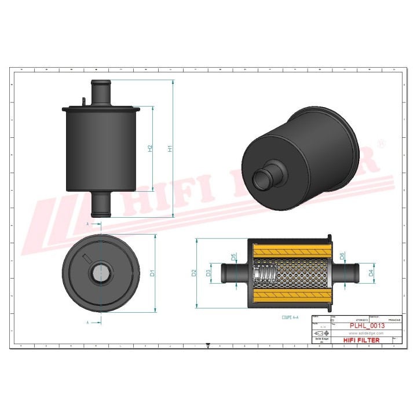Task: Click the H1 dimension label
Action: coord(170,148)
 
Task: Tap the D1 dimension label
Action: coord(152,273)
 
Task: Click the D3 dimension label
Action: coord(209,273)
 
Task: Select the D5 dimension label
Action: coord(234,257)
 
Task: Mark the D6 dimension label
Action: coord(342,256)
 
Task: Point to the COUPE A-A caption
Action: coord(290,318)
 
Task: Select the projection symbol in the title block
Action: coord(321,334)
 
